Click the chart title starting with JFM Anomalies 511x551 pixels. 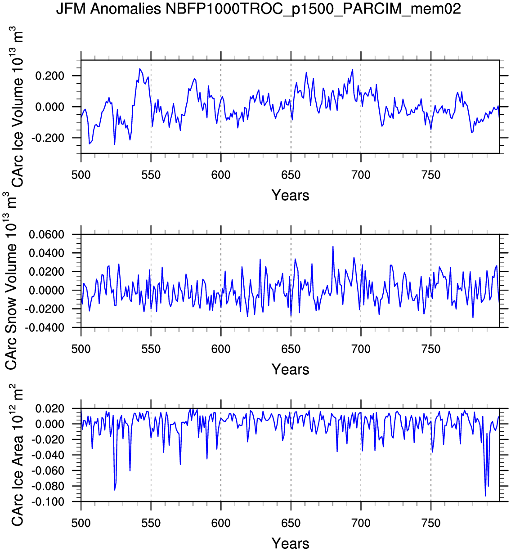(258, 9)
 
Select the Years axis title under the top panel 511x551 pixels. (290, 195)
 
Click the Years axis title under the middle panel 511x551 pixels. (290, 369)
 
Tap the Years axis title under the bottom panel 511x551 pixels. (290, 543)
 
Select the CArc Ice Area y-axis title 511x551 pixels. (17, 454)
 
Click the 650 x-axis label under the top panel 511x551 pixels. (291, 175)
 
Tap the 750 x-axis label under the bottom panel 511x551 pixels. (431, 523)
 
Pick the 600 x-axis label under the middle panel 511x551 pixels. (221, 349)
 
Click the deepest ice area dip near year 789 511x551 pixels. (485, 496)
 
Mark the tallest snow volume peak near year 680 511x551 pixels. (333, 246)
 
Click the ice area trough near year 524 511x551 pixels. (115, 490)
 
